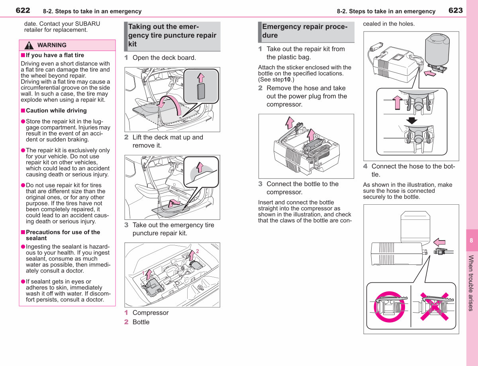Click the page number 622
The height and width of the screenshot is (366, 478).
(23, 10)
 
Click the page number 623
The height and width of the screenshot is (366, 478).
(456, 10)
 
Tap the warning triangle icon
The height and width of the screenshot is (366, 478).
(29, 45)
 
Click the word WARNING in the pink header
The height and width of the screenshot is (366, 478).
(52, 45)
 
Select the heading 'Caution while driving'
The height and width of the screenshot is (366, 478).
(56, 111)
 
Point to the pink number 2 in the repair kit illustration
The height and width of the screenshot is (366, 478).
(198, 251)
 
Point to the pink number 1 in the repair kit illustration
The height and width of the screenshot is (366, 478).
(143, 273)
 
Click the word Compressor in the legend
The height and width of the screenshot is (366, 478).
(151, 313)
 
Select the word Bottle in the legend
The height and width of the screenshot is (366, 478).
(141, 322)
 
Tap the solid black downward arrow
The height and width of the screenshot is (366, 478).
(411, 120)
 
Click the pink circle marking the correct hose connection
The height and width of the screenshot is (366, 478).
(389, 307)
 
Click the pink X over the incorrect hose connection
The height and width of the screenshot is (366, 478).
(435, 306)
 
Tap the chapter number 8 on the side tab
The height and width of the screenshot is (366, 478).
(471, 240)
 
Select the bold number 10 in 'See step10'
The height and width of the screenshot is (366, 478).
(287, 79)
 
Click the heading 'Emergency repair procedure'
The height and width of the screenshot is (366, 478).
(305, 31)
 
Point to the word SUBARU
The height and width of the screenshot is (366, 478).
(88, 24)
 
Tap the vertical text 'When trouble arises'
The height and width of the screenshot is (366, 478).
(471, 283)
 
